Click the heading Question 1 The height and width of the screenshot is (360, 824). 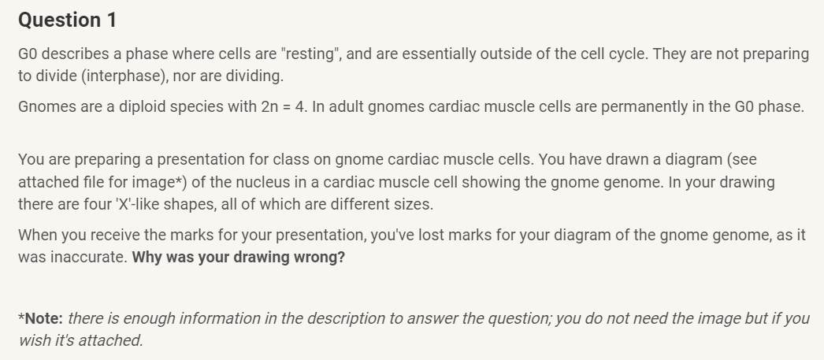pyautogui.click(x=67, y=20)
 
